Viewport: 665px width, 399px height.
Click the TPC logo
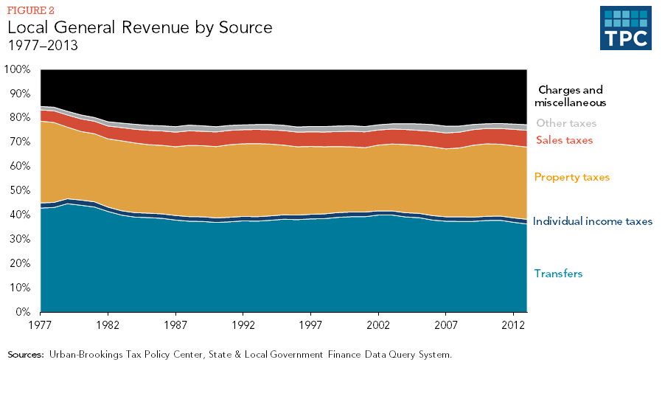coord(626,29)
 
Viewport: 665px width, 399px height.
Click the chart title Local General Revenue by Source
coord(140,28)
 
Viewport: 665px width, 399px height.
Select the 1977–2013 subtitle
coord(43,45)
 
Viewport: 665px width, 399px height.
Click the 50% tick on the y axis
coord(18,190)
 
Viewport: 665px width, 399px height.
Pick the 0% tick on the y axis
coord(21,312)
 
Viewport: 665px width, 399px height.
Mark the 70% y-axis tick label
coord(18,142)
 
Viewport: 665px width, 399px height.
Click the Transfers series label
coord(559,274)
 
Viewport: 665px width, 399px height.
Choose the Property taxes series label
coord(572,177)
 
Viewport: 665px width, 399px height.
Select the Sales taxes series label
coord(564,140)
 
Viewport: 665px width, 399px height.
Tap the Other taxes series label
coord(566,123)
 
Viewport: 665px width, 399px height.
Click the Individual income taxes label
coord(592,221)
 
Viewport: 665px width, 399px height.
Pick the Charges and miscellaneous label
coord(571,97)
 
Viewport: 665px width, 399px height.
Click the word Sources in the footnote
coord(26,355)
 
